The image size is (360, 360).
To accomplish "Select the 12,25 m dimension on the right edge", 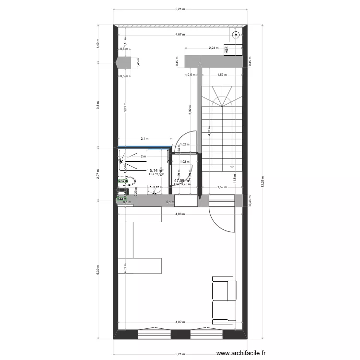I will (x=262, y=183).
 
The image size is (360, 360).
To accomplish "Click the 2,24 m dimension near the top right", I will (x=214, y=48).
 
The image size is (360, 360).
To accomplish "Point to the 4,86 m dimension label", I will (x=180, y=214).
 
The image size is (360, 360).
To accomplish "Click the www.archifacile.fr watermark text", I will (x=242, y=352).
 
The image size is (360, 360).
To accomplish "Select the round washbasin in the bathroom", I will (x=155, y=191).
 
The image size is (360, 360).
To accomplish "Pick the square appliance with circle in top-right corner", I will (x=236, y=35).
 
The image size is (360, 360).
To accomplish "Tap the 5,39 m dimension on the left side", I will (x=97, y=267).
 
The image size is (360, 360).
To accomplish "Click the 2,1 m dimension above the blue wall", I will (x=144, y=139).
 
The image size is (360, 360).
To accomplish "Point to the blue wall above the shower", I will (x=144, y=148).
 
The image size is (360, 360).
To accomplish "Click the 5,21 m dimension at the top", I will (x=180, y=9).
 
